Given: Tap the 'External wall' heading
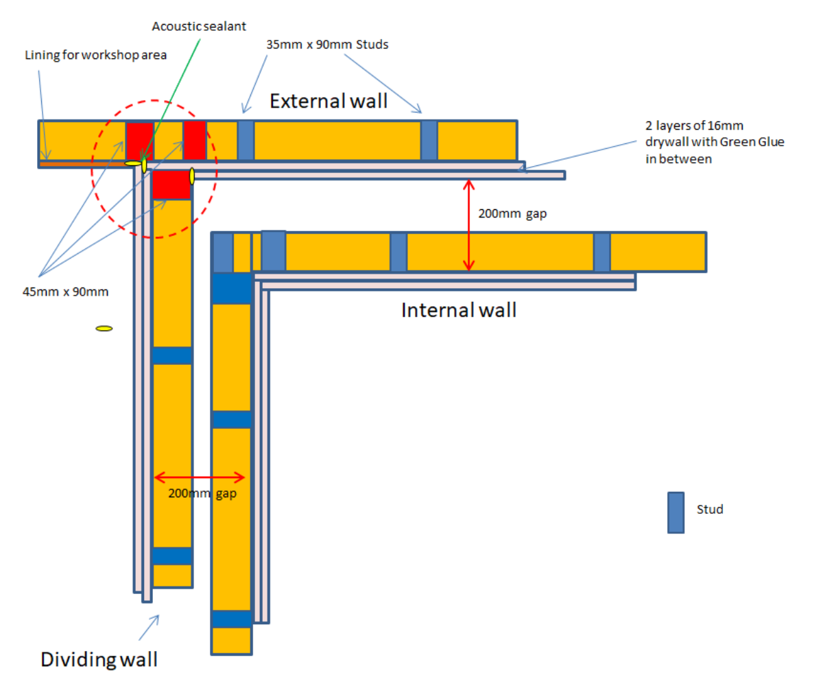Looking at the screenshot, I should coord(329,102).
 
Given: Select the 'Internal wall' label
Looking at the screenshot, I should coord(458,310).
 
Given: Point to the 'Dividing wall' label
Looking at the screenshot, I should coord(99,660).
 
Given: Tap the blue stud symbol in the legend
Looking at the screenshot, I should coord(676,512).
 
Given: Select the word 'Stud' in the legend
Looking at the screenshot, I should coord(710,510).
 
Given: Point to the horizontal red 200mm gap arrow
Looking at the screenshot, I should coord(199,477).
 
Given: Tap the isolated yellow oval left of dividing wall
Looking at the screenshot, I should coord(104,329).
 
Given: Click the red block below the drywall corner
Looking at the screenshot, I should coord(171,185).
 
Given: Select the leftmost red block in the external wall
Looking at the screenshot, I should coord(139,141).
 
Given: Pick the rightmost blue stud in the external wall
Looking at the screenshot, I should coord(429,140).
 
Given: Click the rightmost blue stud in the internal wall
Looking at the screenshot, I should coord(601,252).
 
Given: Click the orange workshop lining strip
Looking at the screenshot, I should coord(82,164).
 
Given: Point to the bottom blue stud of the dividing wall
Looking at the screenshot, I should coord(171,556).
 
